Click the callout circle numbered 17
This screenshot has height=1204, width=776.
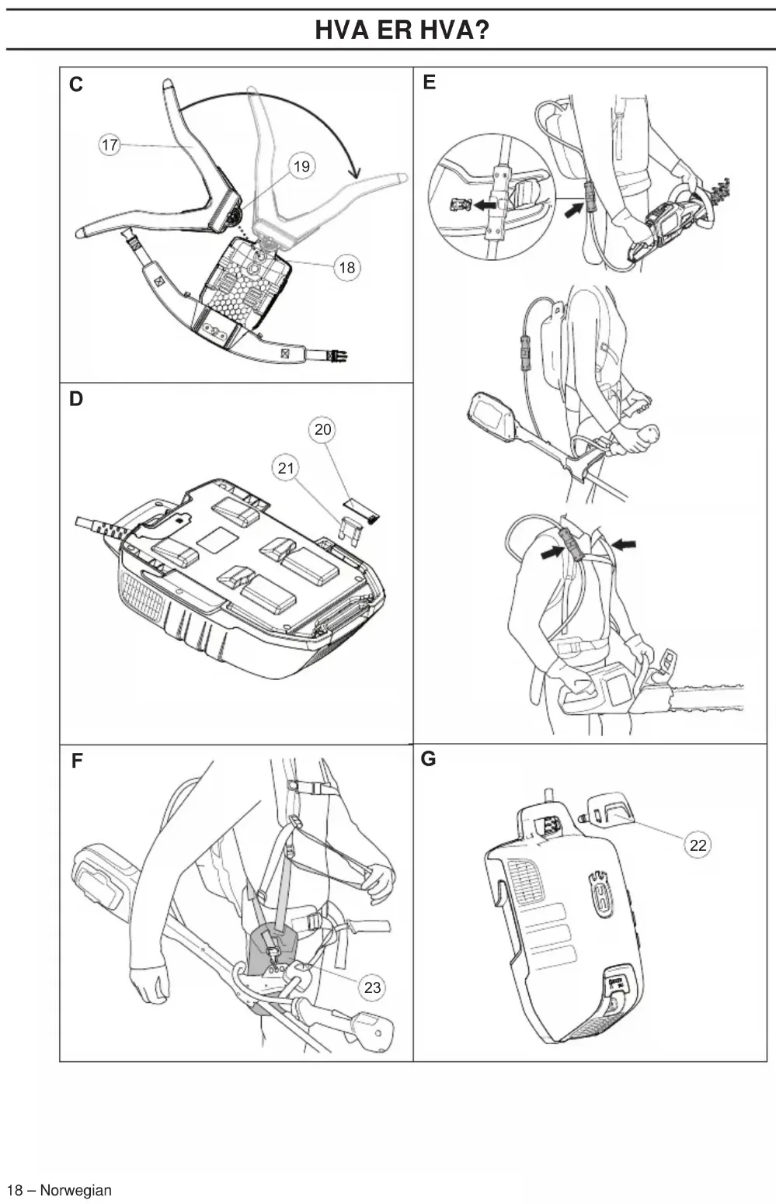(x=110, y=144)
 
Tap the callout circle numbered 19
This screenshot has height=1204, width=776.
(x=301, y=166)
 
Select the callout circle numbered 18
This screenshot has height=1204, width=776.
(x=347, y=267)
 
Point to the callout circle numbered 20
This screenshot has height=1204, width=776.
(x=322, y=429)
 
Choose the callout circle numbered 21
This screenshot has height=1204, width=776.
(x=286, y=468)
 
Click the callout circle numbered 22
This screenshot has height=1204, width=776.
(x=698, y=845)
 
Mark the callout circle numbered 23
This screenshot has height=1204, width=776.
(x=372, y=987)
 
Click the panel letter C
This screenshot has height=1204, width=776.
(x=76, y=85)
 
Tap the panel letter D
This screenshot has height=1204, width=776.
(x=76, y=399)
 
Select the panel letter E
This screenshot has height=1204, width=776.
(x=429, y=82)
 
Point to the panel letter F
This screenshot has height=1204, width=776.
(x=77, y=761)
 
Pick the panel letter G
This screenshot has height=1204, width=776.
(x=428, y=759)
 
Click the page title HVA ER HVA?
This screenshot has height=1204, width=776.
(x=402, y=29)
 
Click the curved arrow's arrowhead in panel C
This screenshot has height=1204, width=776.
(x=353, y=171)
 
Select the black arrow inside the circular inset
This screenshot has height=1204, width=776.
(x=485, y=205)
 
